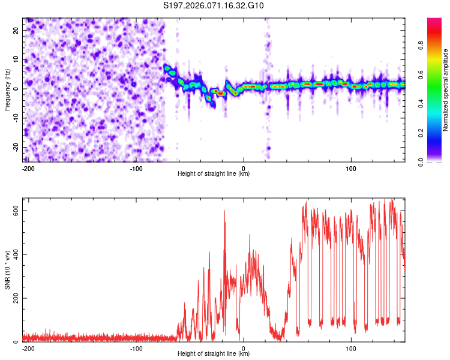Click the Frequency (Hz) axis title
click(8, 89)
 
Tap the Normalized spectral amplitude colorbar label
click(446, 90)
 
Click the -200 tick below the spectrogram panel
click(27, 167)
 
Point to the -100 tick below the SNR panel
click(136, 347)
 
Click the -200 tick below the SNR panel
click(27, 347)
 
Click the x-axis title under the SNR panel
click(214, 354)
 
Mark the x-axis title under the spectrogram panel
click(214, 174)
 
